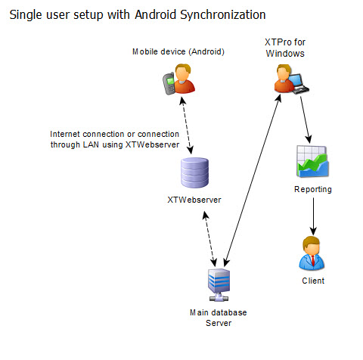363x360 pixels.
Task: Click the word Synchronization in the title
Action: tap(223, 15)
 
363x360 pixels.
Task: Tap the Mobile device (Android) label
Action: tap(178, 51)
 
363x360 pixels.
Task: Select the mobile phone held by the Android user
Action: tap(169, 83)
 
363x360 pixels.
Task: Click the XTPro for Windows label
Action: tap(285, 48)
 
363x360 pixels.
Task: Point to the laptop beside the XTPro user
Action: tap(299, 84)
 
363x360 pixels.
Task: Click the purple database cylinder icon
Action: tap(195, 172)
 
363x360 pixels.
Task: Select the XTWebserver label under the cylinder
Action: tap(194, 200)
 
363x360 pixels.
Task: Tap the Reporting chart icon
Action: tap(312, 161)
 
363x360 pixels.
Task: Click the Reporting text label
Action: tap(313, 190)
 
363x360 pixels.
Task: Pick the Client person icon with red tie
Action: tap(312, 253)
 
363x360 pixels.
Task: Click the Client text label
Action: tap(313, 281)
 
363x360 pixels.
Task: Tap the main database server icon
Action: tap(219, 285)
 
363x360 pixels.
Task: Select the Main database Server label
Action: tap(219, 318)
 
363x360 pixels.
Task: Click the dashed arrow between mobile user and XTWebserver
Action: tap(187, 126)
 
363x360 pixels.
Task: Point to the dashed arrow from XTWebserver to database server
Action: tap(209, 239)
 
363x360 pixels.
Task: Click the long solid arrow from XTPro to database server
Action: tap(253, 181)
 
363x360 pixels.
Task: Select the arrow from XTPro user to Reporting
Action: tap(306, 119)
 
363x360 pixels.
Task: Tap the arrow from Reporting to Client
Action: tap(313, 216)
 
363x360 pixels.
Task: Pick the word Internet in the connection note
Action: tap(65, 134)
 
